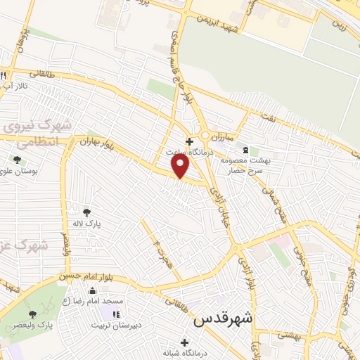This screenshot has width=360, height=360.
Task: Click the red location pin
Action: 181,165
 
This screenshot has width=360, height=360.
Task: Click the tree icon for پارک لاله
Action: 86,212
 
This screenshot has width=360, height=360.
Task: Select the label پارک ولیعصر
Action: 32,326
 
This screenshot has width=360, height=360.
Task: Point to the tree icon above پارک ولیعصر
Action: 32,314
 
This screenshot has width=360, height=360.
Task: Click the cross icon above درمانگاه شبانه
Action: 184,343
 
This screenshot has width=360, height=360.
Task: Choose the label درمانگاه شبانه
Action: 185,354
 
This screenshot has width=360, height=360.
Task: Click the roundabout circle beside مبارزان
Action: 205,134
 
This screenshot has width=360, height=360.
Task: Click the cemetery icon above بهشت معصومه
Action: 245,150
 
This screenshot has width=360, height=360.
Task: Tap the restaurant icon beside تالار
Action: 4,75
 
